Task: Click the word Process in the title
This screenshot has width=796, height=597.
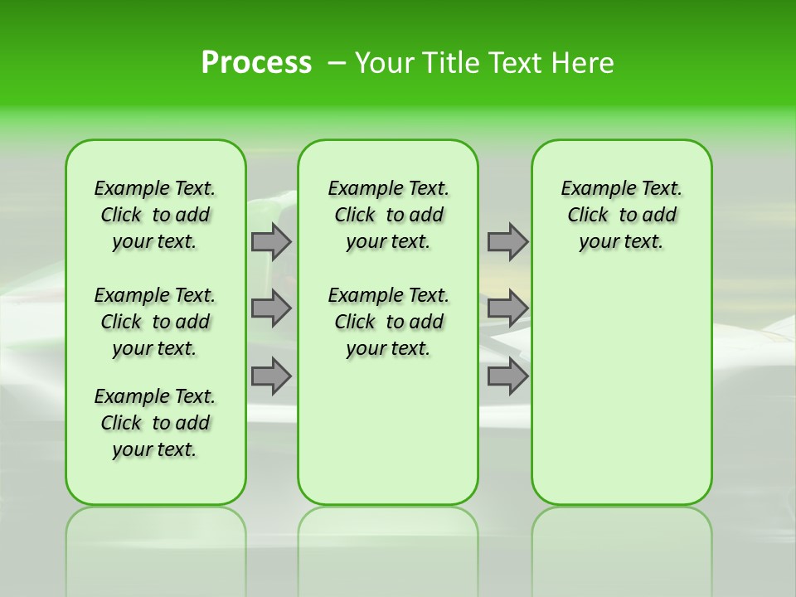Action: [256, 63]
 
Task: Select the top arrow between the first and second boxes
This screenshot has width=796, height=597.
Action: [271, 241]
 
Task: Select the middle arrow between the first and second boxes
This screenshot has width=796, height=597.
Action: [271, 308]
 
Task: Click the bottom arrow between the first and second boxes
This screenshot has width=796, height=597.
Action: [271, 376]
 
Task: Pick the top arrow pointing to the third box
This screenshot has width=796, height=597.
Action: [507, 241]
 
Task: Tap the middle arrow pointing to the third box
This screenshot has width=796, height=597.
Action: [507, 308]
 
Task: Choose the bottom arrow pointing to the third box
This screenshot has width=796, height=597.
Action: [507, 376]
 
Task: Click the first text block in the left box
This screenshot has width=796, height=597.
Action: [155, 215]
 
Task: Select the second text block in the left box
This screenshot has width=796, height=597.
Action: [155, 322]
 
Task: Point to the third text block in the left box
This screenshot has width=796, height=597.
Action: [155, 423]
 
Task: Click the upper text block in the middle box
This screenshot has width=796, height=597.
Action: [388, 215]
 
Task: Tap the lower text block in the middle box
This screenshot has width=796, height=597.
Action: [388, 322]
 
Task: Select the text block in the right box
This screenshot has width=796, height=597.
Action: [621, 215]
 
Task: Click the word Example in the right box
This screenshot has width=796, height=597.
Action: [592, 189]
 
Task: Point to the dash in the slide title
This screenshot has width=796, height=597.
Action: [337, 63]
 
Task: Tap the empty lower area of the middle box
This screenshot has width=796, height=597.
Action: [388, 431]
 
